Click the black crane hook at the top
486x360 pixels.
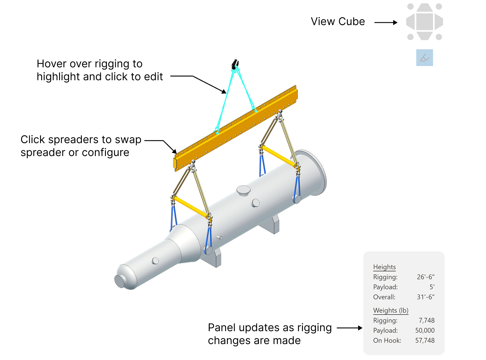click(x=235, y=64)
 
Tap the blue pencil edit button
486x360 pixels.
click(x=424, y=58)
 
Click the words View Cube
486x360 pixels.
click(x=338, y=21)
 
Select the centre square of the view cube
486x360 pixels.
click(x=424, y=22)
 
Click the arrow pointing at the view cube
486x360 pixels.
click(x=386, y=22)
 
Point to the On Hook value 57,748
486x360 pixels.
click(x=425, y=340)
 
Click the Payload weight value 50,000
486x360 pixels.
click(x=425, y=330)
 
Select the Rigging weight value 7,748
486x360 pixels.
click(x=426, y=320)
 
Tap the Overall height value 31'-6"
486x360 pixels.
click(x=425, y=297)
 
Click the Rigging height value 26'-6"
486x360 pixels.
click(x=425, y=277)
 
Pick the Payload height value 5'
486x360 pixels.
click(x=432, y=287)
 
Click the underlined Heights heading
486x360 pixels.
click(x=384, y=267)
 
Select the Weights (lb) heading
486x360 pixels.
click(x=391, y=310)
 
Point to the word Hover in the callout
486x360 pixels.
click(x=52, y=64)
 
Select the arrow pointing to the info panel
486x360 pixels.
click(x=349, y=328)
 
